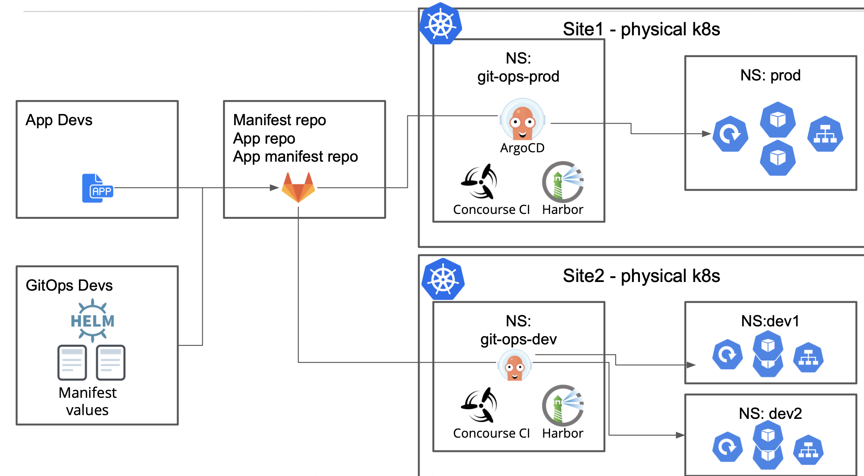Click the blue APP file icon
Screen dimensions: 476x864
point(97,188)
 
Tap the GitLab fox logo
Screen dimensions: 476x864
point(298,187)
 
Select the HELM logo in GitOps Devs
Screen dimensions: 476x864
point(92,320)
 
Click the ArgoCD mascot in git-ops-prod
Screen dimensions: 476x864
point(522,120)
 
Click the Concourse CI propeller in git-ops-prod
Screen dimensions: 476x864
point(480,182)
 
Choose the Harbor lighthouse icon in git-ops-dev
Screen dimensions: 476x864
point(562,405)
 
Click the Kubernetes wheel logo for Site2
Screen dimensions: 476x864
point(443,279)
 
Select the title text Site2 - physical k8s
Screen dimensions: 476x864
point(641,276)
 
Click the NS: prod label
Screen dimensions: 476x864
point(770,75)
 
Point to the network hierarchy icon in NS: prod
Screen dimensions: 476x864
point(825,134)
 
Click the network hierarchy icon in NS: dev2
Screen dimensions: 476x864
point(808,450)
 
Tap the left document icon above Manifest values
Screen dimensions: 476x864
point(72,362)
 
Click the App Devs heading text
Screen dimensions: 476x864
point(59,120)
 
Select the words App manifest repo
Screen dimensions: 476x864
point(295,156)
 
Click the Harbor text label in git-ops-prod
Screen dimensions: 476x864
point(562,209)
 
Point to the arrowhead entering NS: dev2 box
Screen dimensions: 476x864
point(680,435)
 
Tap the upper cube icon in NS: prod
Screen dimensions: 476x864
point(778,120)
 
